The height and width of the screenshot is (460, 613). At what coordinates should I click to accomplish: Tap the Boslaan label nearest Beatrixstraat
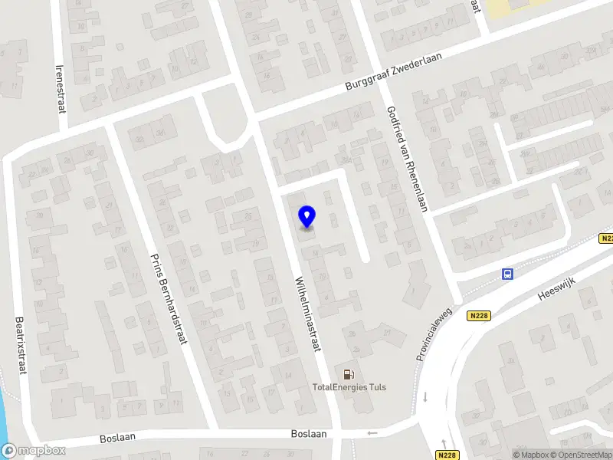coord(117,439)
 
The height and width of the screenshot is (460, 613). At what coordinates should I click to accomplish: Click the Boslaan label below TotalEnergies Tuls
coord(309,433)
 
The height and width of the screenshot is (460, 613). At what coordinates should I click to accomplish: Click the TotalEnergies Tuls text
coord(349,387)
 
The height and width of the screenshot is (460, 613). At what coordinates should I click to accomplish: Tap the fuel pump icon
coord(349,373)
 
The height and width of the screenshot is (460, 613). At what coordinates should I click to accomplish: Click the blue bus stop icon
coord(506,274)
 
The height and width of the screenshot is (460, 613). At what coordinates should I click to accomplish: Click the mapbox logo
coord(34,450)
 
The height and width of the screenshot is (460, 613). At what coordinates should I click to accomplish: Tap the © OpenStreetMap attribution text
coord(582,455)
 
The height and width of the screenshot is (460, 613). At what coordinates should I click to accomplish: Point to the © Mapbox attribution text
coord(530,455)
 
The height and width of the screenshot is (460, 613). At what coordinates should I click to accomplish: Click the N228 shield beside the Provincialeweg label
coord(479,316)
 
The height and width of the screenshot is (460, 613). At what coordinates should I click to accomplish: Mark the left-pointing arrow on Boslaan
coord(372,434)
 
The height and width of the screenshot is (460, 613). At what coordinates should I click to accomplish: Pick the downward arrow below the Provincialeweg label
coord(424,397)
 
